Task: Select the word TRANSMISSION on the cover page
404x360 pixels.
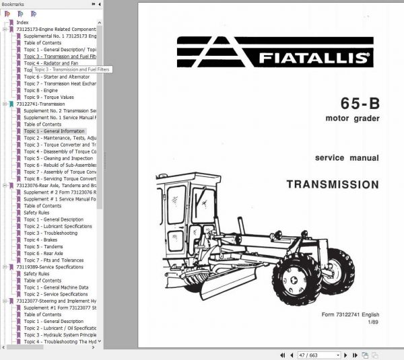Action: (332, 183)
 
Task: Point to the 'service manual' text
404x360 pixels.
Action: (347, 158)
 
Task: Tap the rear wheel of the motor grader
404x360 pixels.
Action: (297, 273)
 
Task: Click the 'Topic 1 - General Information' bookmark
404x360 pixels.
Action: (54, 131)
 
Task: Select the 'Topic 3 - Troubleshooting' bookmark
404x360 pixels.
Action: (50, 233)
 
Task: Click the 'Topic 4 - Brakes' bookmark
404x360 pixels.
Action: (42, 240)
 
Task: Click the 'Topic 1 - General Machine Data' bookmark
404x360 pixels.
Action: (56, 287)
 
